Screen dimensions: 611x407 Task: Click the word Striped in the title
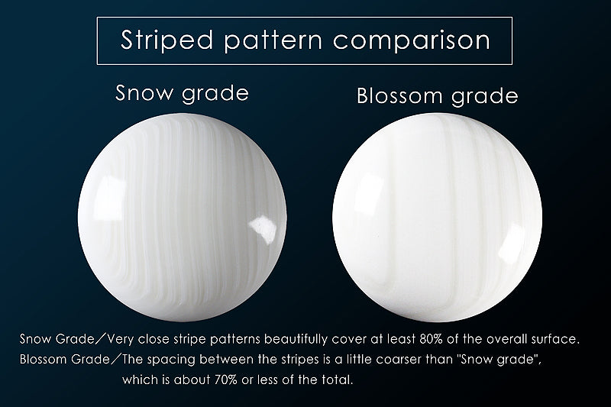pyautogui.click(x=166, y=40)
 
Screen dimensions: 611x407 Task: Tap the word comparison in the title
pyautogui.click(x=412, y=40)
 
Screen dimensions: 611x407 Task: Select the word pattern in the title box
pyautogui.click(x=273, y=41)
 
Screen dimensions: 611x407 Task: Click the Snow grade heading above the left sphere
pyautogui.click(x=182, y=93)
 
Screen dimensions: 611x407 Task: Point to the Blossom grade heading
pyautogui.click(x=438, y=96)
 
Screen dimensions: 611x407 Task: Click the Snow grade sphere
pyautogui.click(x=183, y=218)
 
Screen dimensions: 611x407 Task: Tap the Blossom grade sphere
pyautogui.click(x=437, y=218)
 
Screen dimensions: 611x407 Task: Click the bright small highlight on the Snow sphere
pyautogui.click(x=263, y=229)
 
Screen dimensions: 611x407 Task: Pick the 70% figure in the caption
pyautogui.click(x=226, y=380)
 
